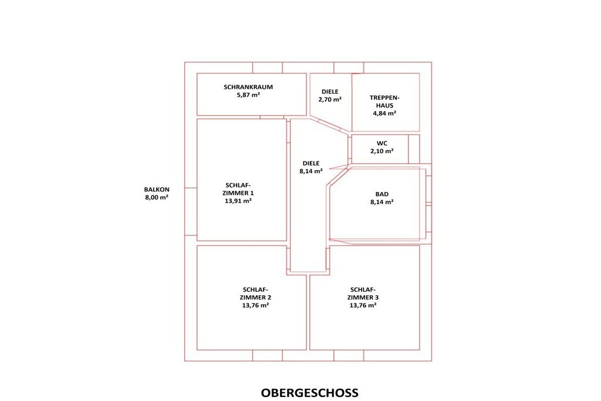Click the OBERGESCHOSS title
(310, 393)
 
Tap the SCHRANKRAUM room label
(248, 87)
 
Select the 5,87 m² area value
(248, 95)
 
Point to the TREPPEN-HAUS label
(384, 102)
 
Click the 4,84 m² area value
(384, 113)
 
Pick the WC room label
(381, 143)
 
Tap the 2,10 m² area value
(381, 151)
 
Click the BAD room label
(381, 194)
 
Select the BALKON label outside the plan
(157, 190)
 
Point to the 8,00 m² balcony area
(157, 197)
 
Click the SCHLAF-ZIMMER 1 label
(238, 189)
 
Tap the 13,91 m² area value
(238, 201)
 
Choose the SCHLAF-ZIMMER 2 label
(255, 294)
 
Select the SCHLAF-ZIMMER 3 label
(363, 294)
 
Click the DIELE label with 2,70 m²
(330, 92)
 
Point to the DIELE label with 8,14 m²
(311, 163)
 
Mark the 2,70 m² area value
(330, 99)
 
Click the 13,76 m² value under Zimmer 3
(363, 305)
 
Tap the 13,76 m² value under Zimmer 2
(255, 305)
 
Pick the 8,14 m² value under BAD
(381, 202)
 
